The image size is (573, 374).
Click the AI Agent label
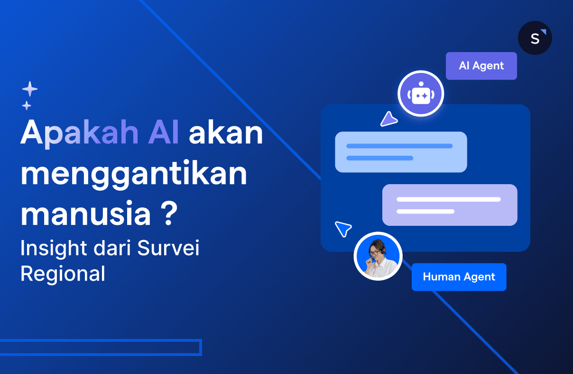click(481, 66)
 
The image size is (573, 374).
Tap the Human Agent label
click(459, 277)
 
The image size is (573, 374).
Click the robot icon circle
click(421, 94)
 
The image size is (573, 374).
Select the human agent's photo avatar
click(378, 257)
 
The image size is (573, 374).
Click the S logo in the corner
click(535, 38)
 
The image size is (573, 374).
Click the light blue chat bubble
click(401, 151)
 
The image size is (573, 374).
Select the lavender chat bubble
click(449, 205)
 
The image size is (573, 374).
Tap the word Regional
click(63, 274)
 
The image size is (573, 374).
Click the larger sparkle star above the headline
click(30, 89)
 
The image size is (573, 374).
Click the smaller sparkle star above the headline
click(27, 105)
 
